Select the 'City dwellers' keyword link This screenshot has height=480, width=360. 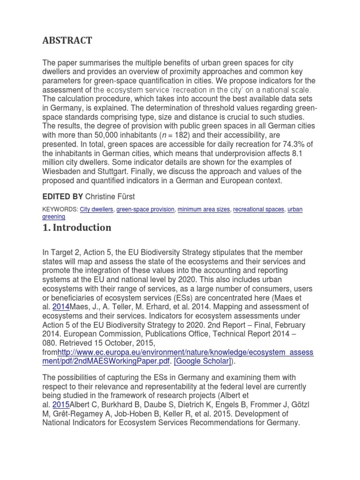(96, 210)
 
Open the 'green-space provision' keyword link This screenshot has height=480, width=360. (145, 210)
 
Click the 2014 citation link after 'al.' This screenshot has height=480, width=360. (61, 307)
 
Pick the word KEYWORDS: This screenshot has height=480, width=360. (60, 210)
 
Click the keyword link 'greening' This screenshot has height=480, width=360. (53, 217)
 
